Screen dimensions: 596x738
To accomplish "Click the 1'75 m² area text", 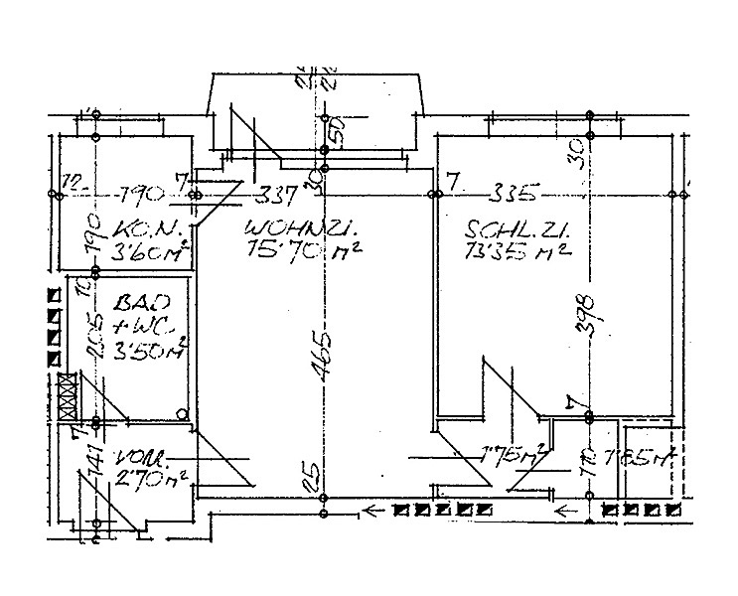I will pos(510,458).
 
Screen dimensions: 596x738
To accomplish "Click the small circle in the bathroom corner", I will pos(182,413).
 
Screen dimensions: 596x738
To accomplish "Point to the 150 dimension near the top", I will pos(335,130).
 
